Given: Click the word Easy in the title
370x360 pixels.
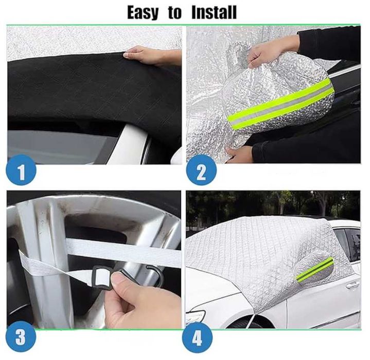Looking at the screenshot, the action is click(143, 13).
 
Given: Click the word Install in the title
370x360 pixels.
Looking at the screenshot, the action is click(214, 12).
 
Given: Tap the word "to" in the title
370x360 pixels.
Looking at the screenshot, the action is click(175, 13).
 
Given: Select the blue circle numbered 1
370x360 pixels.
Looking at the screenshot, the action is click(21, 170).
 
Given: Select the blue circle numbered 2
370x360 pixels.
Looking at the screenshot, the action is click(201, 170).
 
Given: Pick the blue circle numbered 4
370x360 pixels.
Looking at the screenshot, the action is click(197, 338).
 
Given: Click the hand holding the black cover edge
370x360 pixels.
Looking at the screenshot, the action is click(151, 56).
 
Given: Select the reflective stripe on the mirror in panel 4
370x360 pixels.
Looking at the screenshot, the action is click(314, 269).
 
